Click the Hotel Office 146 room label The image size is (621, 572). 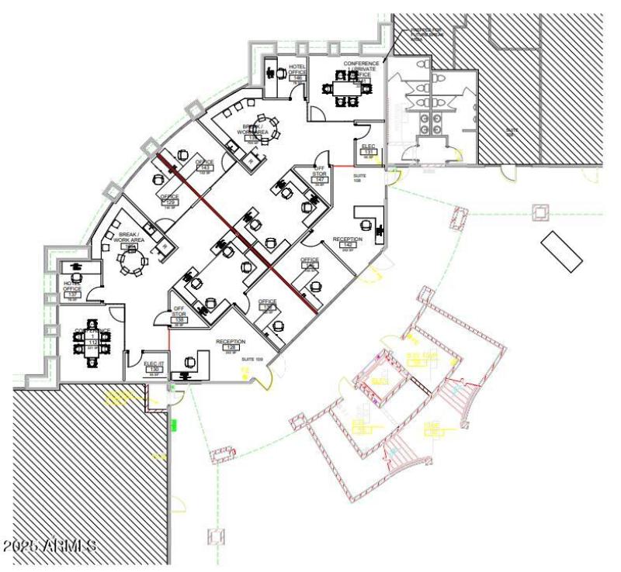(x=297, y=71)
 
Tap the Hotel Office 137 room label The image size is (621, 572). (x=73, y=289)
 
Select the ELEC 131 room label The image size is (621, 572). (x=369, y=150)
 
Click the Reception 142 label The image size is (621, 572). (x=347, y=243)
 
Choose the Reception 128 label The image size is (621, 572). (x=231, y=345)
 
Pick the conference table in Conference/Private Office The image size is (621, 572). (x=342, y=88)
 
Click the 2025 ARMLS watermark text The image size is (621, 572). (x=50, y=546)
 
